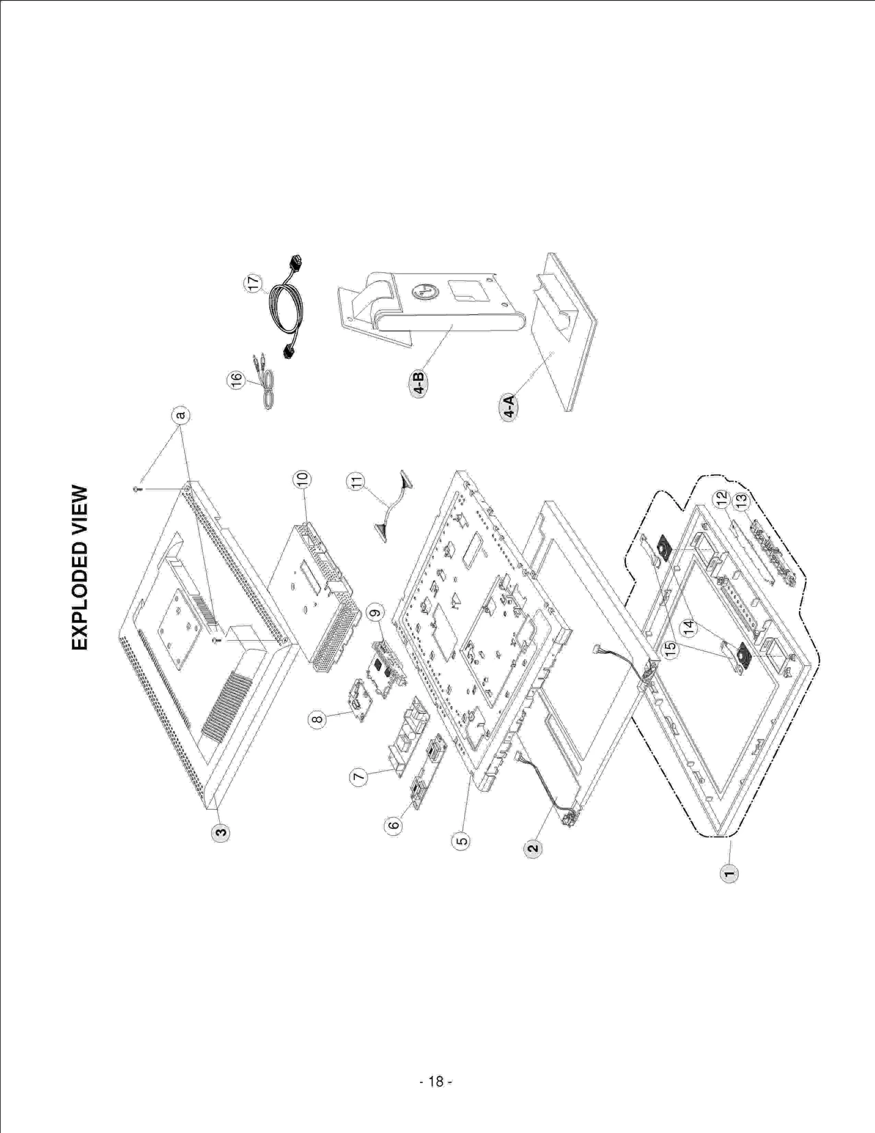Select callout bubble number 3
click(220, 833)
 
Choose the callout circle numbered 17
click(253, 283)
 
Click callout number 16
click(236, 380)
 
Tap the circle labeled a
click(180, 415)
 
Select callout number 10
click(302, 479)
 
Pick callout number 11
click(356, 482)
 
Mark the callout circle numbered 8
click(317, 719)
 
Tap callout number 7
click(358, 777)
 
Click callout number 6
click(393, 824)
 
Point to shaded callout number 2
click(533, 849)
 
